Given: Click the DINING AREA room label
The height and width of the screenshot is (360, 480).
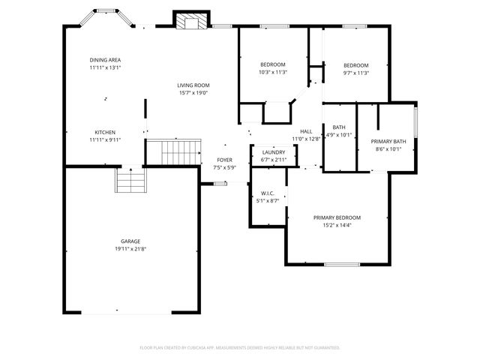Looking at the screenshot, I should pos(105,60).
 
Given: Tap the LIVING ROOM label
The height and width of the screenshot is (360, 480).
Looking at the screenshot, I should pos(193,85).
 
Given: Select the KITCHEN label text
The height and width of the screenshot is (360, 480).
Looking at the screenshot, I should pos(105,132).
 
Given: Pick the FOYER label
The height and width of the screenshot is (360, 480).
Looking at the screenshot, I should pos(224,160).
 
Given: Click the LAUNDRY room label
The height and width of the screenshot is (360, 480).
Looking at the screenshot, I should pos(273,152).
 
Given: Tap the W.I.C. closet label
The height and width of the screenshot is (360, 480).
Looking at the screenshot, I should pos(268,193).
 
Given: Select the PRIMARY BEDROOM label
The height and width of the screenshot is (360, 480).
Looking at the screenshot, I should pos(337,217).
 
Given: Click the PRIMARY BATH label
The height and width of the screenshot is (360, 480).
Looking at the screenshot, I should pos(388,141).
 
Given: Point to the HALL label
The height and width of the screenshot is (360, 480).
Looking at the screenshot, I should pos(306,131).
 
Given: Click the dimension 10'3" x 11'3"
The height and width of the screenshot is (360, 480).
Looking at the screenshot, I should pos(273,72).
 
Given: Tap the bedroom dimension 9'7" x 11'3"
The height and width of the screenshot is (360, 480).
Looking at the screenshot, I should pos(356,72).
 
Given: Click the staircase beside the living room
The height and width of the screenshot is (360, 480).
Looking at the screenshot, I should pos(174,152).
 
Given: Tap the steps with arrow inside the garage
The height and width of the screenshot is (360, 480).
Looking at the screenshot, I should pos(130,181).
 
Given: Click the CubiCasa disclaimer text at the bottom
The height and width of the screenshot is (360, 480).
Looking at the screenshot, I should pos(240,347).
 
